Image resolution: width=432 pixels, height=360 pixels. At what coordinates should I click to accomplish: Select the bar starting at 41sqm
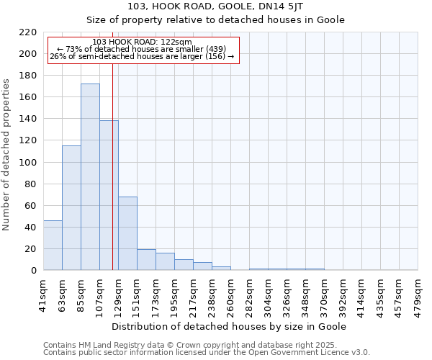pyautogui.click(x=53, y=246)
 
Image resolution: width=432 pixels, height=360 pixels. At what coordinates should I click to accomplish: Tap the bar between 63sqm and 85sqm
pyautogui.click(x=71, y=208)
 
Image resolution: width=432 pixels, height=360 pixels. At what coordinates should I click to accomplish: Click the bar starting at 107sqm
pyautogui.click(x=109, y=195)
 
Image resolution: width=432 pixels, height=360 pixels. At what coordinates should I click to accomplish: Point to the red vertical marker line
pyautogui.click(x=113, y=166)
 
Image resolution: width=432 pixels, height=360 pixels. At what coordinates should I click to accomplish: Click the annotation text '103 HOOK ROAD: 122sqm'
pyautogui.click(x=143, y=42)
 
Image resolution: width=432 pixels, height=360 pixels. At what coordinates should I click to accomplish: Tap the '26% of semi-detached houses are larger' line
pyautogui.click(x=142, y=56)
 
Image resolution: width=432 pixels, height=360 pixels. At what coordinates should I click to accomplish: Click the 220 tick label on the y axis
pyautogui.click(x=29, y=32)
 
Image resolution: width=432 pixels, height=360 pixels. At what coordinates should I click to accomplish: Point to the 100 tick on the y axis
pyautogui.click(x=29, y=163)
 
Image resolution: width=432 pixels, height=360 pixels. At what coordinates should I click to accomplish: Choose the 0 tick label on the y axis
pyautogui.click(x=34, y=271)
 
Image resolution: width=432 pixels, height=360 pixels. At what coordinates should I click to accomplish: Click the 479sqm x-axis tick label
pyautogui.click(x=418, y=293)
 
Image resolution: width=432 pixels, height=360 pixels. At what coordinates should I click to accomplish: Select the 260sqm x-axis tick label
pyautogui.click(x=230, y=293)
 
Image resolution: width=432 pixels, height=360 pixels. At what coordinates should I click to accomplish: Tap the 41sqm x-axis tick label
pyautogui.click(x=43, y=293)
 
